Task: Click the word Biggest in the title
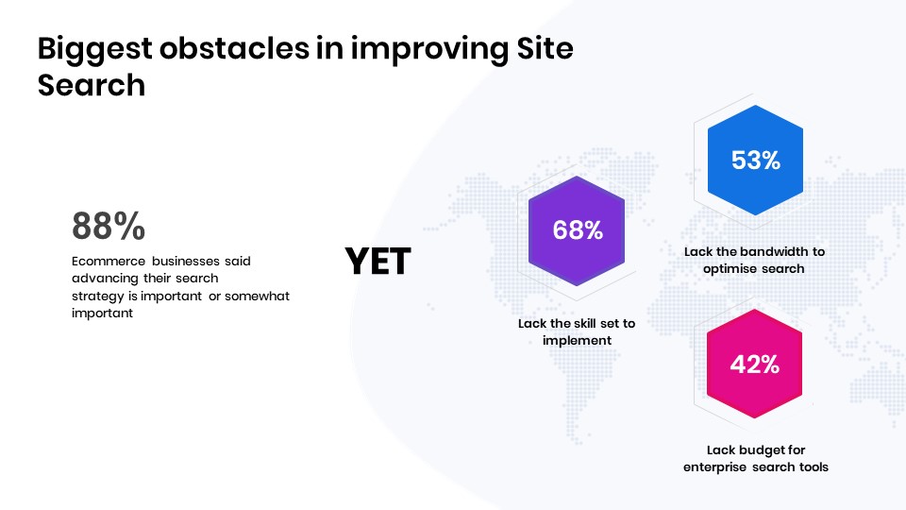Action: (x=94, y=49)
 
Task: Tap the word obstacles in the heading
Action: (x=235, y=47)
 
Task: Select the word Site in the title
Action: (x=545, y=47)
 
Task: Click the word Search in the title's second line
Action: (x=92, y=85)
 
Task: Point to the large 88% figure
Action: (x=109, y=226)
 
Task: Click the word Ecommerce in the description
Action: (x=109, y=261)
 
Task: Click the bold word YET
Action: (x=377, y=261)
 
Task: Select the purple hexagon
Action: (x=577, y=230)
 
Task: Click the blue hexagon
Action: (x=755, y=161)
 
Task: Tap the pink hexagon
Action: (x=755, y=364)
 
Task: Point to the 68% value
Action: (x=578, y=230)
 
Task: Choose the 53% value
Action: (x=756, y=161)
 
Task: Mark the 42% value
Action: (x=755, y=365)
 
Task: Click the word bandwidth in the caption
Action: (x=774, y=251)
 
